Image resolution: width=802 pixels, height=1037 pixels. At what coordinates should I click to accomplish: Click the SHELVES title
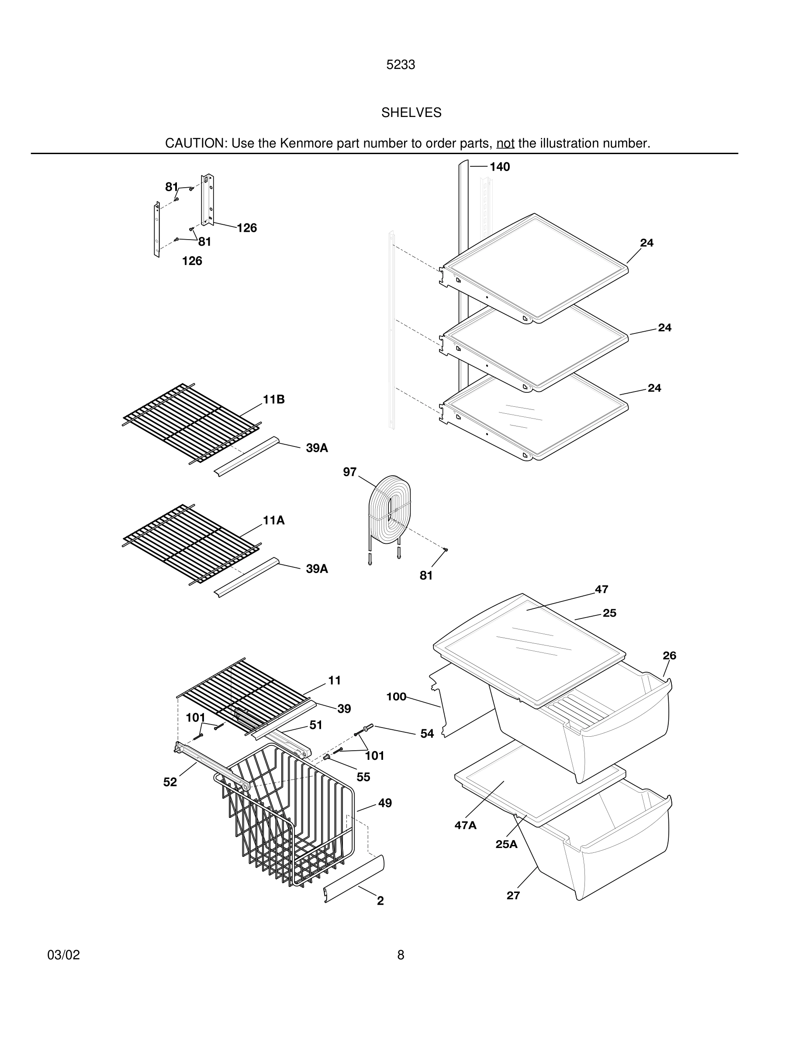coord(411,113)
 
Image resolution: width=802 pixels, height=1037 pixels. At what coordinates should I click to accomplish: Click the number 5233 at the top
coord(401,65)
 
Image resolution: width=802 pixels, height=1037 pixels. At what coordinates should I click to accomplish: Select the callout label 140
coord(499,167)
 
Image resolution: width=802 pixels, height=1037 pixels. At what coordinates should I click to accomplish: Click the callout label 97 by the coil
coord(350,472)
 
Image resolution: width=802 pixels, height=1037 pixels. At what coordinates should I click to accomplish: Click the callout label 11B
coord(274,399)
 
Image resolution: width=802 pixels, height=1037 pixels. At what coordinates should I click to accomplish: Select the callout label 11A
coord(274,520)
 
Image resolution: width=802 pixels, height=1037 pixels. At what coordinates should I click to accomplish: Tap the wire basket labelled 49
coord(290,821)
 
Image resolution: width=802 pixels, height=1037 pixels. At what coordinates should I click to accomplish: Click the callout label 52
coord(170,782)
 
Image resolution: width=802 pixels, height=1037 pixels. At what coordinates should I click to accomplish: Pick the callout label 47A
coord(465,825)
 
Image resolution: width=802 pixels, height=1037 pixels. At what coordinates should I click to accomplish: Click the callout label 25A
coord(506,844)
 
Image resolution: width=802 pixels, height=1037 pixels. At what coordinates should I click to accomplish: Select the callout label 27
coord(513,896)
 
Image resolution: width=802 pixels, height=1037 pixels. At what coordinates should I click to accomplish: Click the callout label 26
coord(669,656)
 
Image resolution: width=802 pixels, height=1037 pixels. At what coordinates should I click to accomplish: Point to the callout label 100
coord(396,697)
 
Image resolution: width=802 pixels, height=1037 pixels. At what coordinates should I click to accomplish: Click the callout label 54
coord(427,734)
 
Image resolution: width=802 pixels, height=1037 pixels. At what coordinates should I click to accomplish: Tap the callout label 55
coord(363,777)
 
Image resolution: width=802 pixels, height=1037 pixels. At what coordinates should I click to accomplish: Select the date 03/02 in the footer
coord(64,955)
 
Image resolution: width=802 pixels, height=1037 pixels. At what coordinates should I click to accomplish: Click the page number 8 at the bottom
coord(401,955)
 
